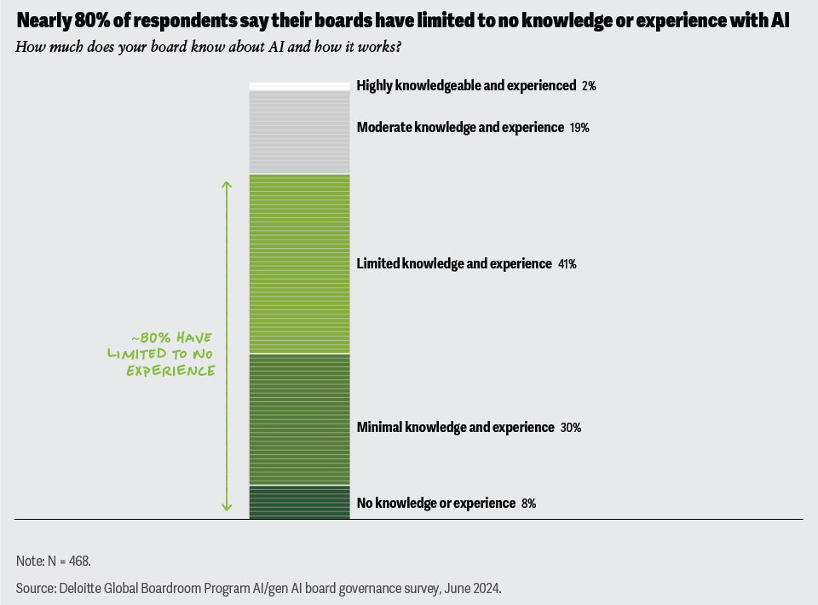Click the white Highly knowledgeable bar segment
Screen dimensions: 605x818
299,86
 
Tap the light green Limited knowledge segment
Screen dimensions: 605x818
299,263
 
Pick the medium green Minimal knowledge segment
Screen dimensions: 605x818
299,419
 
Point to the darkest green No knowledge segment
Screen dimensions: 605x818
299,502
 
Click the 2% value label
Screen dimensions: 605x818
589,86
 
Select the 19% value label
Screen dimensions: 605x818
579,128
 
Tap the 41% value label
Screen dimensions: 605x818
567,264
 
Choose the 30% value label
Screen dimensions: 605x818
571,428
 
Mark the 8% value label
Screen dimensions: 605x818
528,504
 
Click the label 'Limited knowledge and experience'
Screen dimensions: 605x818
454,264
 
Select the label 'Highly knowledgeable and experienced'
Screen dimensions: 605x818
466,86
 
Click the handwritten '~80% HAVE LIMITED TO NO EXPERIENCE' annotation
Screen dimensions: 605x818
160,354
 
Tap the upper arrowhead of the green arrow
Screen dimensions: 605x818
227,184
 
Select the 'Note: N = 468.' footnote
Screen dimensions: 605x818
53,561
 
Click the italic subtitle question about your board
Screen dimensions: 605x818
209,46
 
